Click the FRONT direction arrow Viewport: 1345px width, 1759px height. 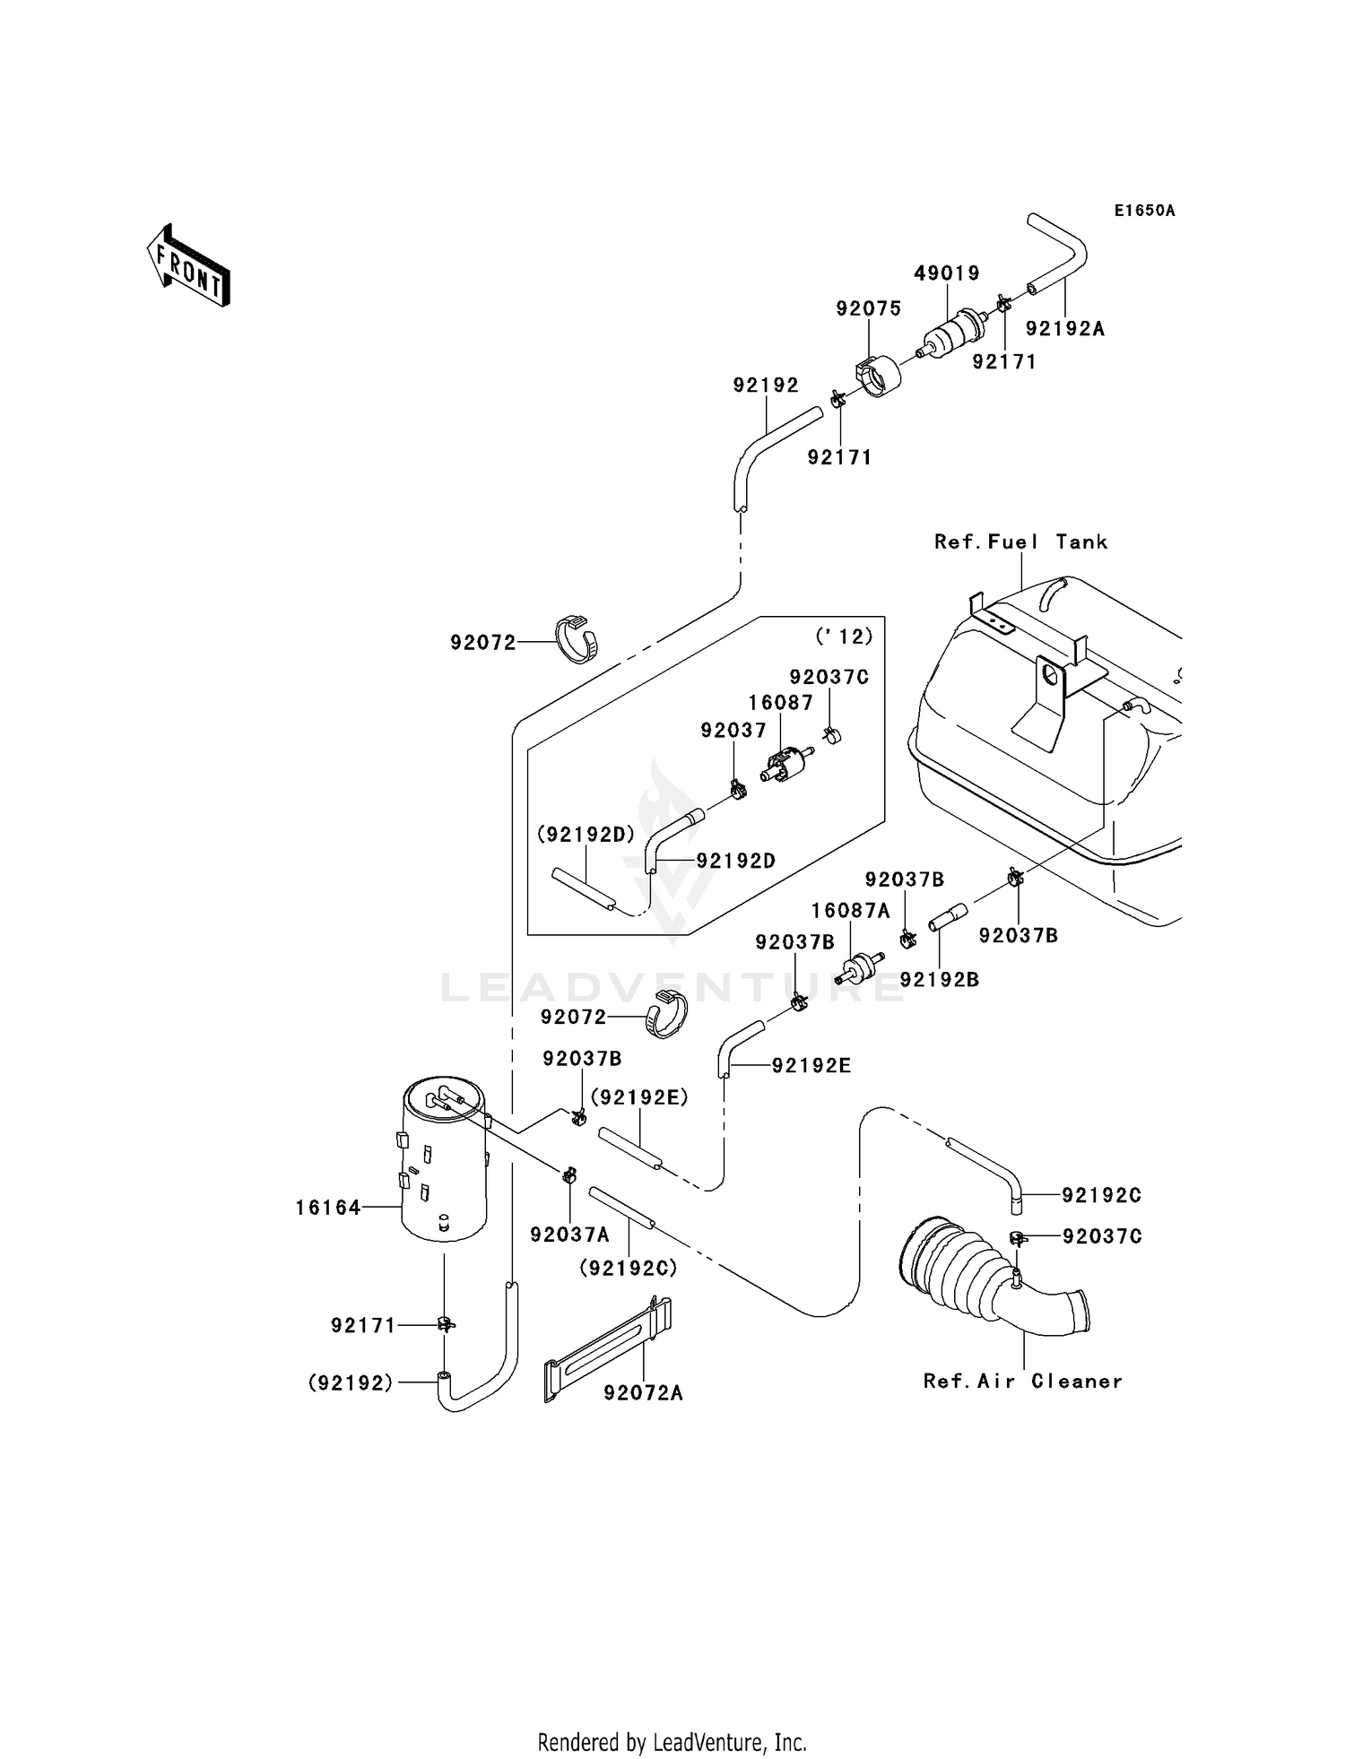click(x=189, y=266)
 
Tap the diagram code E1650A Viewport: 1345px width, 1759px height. click(x=1144, y=211)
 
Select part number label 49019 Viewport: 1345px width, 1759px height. click(x=946, y=273)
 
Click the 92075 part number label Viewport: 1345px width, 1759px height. click(x=868, y=308)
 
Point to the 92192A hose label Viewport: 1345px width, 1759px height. click(x=1064, y=329)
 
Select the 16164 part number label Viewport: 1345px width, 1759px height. click(x=327, y=1208)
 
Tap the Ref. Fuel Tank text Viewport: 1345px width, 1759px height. click(x=1020, y=542)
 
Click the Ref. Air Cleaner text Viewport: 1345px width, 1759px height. click(x=1022, y=1381)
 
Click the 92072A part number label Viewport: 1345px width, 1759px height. click(x=643, y=1392)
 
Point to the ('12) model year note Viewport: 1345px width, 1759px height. click(x=844, y=636)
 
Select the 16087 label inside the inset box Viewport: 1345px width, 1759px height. click(x=780, y=702)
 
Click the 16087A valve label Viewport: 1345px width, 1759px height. click(x=850, y=911)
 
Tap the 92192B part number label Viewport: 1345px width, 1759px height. click(x=939, y=979)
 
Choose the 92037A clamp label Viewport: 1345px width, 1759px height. click(x=569, y=1235)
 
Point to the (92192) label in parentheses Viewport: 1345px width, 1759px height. click(x=351, y=1382)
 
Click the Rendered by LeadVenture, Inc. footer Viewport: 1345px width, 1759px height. click(x=672, y=1742)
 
